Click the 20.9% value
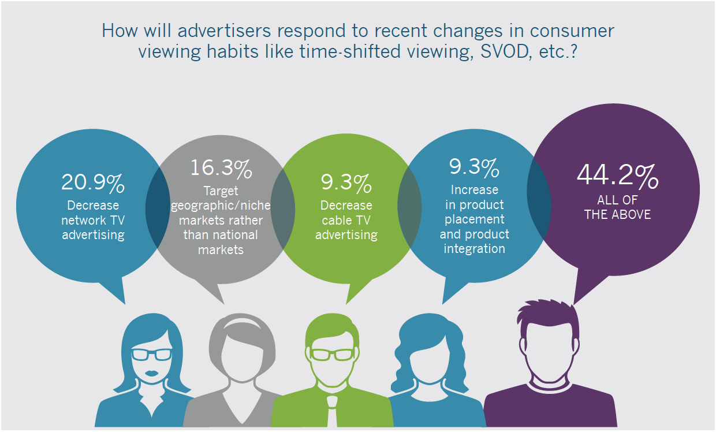[93, 183]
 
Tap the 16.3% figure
[221, 169]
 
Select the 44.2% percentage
[617, 177]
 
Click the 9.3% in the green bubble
[346, 184]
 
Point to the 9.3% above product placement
[474, 167]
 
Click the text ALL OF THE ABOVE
[617, 207]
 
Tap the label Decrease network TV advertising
[93, 220]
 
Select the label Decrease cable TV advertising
[346, 220]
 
